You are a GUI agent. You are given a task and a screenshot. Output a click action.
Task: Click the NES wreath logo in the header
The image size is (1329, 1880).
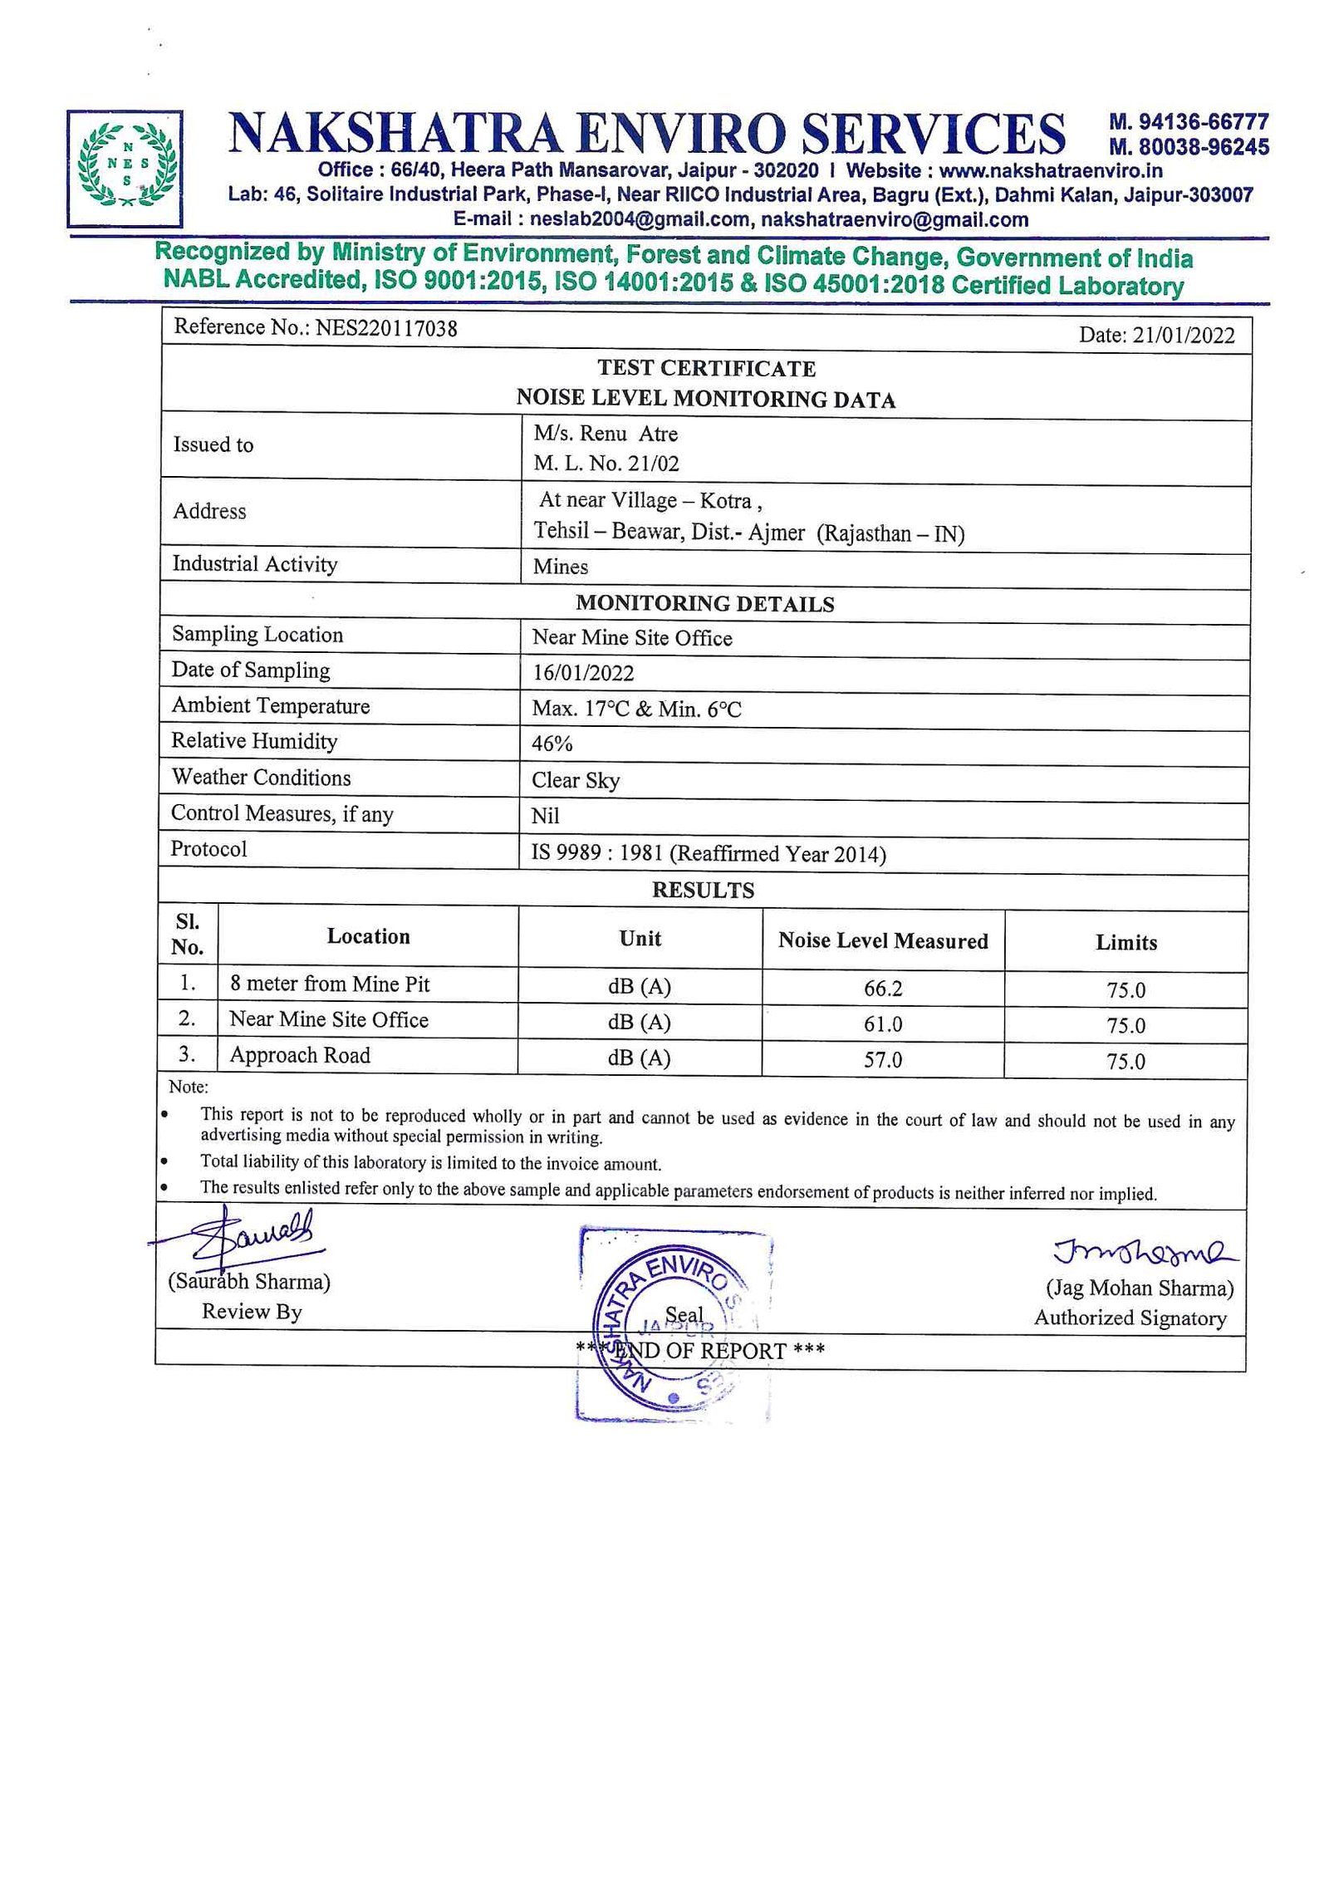(x=125, y=169)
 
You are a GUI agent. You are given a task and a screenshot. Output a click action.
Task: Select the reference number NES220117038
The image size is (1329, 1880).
(x=386, y=328)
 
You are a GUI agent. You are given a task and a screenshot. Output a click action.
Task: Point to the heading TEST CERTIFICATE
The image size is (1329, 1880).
(x=706, y=368)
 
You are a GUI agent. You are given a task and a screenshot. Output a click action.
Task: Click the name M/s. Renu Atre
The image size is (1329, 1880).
(x=606, y=434)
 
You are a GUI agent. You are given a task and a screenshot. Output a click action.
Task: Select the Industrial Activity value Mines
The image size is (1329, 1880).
(x=561, y=567)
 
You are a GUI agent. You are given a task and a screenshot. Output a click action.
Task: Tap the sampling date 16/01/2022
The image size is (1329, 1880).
(x=583, y=673)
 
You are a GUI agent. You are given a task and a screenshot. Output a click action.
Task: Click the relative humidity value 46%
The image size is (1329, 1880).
(x=552, y=744)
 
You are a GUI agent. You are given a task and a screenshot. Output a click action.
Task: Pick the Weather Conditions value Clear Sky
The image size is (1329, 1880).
(x=576, y=780)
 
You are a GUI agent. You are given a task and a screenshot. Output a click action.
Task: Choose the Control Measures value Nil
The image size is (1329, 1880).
(x=546, y=816)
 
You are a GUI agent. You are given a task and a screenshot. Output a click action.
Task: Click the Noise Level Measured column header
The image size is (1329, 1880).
(x=883, y=940)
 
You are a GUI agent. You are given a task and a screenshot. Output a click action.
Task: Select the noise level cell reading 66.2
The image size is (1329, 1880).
(x=883, y=989)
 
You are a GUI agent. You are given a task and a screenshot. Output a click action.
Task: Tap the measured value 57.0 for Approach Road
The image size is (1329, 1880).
(x=883, y=1060)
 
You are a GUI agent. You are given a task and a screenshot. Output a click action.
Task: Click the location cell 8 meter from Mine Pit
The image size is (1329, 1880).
(x=330, y=984)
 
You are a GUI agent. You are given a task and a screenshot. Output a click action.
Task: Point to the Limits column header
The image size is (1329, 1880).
(x=1126, y=942)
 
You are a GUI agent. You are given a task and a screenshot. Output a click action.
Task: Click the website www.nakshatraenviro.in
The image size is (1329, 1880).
(x=1051, y=171)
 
